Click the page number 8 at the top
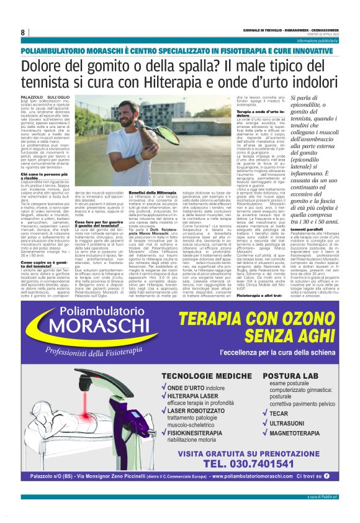(x=22, y=33)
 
